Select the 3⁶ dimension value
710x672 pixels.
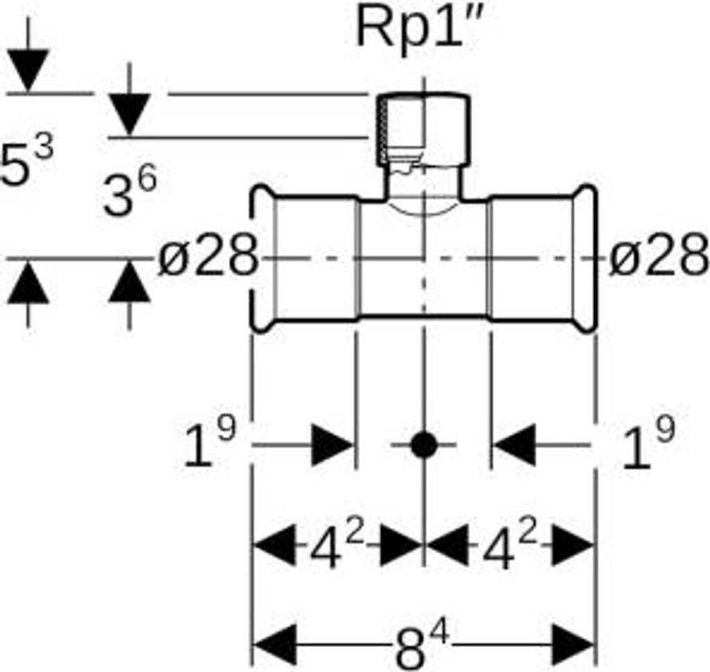[x=129, y=193]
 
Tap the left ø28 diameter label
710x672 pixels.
[x=207, y=258]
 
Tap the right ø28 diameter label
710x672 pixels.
[x=659, y=258]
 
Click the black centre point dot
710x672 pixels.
[x=423, y=445]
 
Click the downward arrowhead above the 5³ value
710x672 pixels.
[x=27, y=70]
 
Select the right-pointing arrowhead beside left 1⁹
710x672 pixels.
[x=332, y=445]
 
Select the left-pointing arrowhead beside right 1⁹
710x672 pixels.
[x=514, y=445]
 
